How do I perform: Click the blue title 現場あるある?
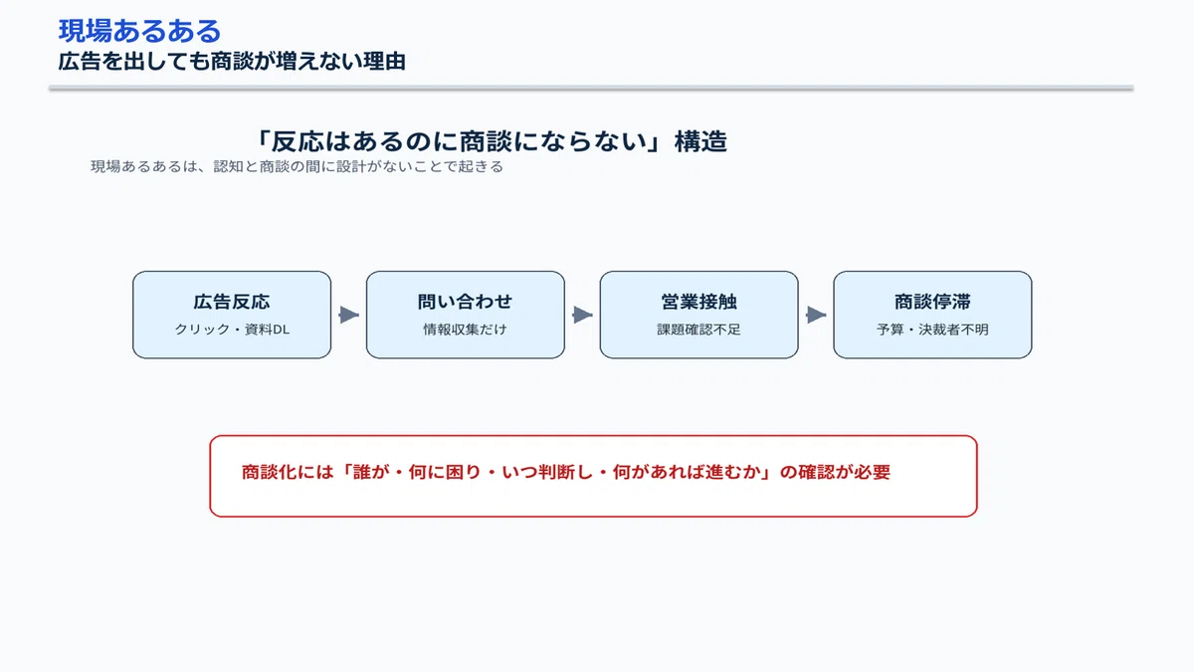(x=139, y=31)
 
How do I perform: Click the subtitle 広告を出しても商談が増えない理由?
(x=232, y=62)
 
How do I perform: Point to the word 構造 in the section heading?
(x=700, y=141)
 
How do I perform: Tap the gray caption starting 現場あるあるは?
(x=297, y=166)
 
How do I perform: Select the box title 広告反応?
(x=231, y=302)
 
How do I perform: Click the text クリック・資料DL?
(x=232, y=330)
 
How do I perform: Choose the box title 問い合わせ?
(x=465, y=302)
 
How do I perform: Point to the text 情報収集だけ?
(x=465, y=330)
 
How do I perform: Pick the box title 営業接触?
(x=698, y=302)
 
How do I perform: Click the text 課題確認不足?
(x=698, y=330)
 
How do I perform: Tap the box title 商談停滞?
(x=932, y=302)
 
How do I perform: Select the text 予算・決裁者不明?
(x=932, y=330)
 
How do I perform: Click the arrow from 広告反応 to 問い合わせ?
(x=348, y=315)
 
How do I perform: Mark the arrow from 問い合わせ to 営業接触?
(x=582, y=315)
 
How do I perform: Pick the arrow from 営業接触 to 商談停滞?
(x=816, y=315)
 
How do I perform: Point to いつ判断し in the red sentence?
(x=547, y=472)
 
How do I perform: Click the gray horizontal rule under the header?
(x=591, y=88)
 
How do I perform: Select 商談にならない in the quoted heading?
(x=553, y=141)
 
